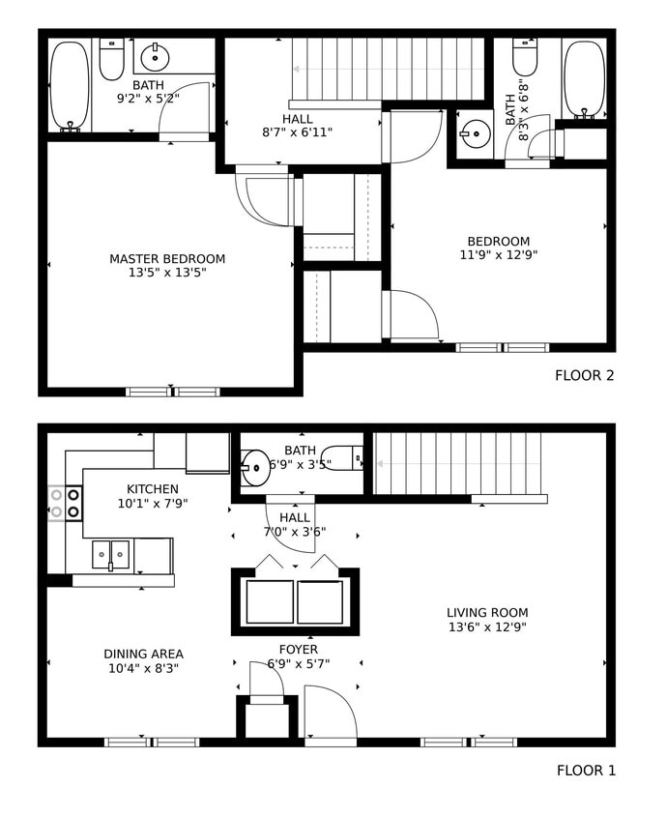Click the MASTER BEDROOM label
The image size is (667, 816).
click(x=167, y=259)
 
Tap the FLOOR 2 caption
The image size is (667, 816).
click(x=584, y=375)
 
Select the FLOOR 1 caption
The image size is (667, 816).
click(x=585, y=771)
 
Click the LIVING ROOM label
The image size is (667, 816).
click(x=487, y=612)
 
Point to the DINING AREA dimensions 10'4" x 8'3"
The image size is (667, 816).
click(x=143, y=668)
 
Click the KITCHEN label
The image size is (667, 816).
click(x=153, y=489)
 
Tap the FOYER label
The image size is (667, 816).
click(x=298, y=650)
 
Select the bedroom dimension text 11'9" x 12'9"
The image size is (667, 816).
click(x=498, y=256)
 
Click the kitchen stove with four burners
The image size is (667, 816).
click(x=65, y=503)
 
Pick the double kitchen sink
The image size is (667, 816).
click(x=111, y=555)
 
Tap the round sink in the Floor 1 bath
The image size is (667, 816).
click(x=256, y=468)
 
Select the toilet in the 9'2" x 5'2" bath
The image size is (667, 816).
click(x=112, y=60)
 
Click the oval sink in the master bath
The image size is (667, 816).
click(x=157, y=58)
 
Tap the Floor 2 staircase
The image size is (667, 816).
click(x=387, y=69)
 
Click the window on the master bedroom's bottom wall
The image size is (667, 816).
click(x=173, y=392)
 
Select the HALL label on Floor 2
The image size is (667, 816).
click(x=298, y=119)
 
